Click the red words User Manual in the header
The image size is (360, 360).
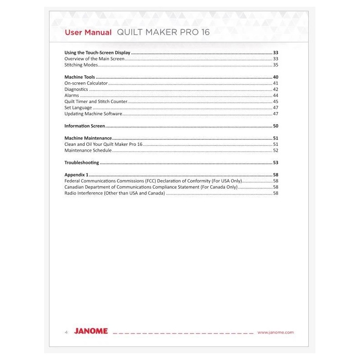(x=88, y=33)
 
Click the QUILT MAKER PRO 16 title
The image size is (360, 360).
(x=163, y=33)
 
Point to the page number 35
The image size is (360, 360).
(x=276, y=65)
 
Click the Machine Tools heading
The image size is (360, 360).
(x=80, y=77)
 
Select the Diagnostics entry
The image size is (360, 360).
(x=76, y=90)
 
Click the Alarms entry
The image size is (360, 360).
(x=72, y=95)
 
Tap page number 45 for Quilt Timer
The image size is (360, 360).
(x=276, y=102)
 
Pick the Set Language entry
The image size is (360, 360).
(x=78, y=108)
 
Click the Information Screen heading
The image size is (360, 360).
(x=85, y=126)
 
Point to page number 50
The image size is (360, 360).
(x=276, y=126)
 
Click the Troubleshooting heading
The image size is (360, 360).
(x=81, y=162)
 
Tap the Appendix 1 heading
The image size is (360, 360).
(x=76, y=175)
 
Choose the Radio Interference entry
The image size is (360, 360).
(x=115, y=193)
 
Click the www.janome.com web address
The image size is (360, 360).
(x=275, y=332)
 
